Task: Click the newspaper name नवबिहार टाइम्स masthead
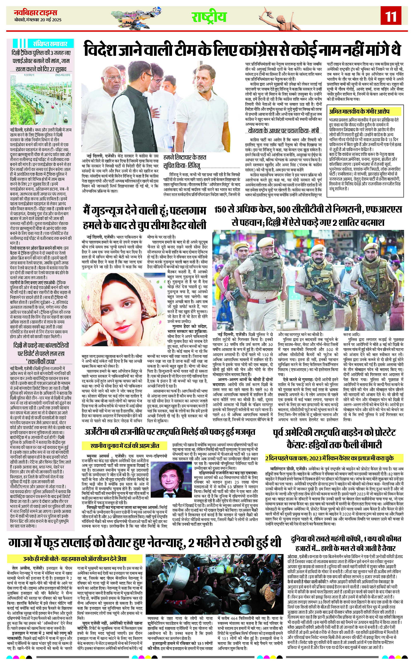click(x=36, y=13)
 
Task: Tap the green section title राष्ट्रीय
click(x=209, y=17)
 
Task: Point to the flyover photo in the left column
click(x=41, y=99)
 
